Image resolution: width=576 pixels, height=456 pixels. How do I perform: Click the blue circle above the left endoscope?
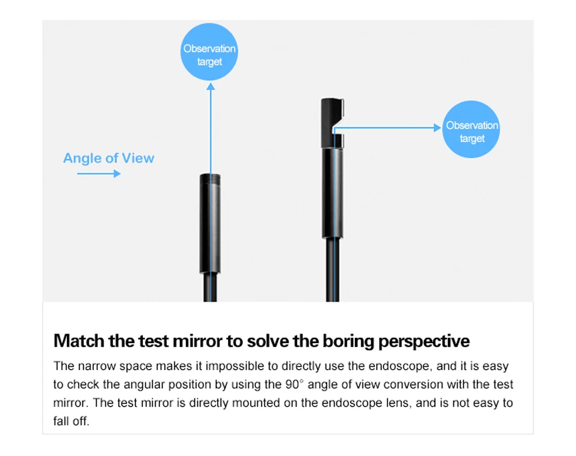[209, 52]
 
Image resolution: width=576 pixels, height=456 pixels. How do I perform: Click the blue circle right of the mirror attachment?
[471, 129]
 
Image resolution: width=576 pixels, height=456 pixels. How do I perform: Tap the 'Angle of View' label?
[109, 158]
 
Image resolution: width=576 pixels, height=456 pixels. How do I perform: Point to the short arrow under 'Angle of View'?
[99, 173]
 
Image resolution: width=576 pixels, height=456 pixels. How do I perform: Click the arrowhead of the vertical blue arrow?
[210, 86]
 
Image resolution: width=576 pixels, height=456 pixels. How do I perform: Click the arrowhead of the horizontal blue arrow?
[437, 127]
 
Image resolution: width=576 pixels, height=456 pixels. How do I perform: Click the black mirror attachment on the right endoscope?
[332, 123]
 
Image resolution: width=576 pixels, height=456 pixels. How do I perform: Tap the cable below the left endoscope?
[210, 287]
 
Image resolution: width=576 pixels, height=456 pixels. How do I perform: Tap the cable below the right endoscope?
[332, 270]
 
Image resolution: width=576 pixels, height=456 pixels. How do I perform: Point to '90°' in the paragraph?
[294, 384]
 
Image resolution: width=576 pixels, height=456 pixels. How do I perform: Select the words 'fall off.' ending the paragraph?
[71, 421]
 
